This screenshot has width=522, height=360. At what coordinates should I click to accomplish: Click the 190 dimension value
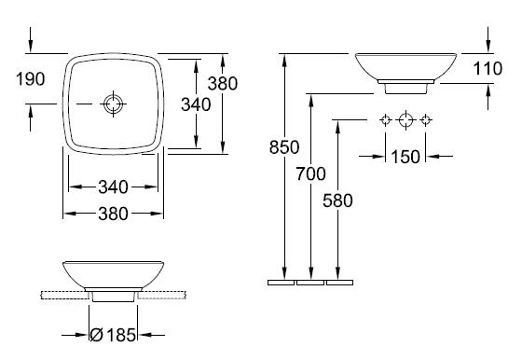pyautogui.click(x=30, y=79)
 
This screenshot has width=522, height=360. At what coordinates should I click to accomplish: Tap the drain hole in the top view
pyautogui.click(x=113, y=104)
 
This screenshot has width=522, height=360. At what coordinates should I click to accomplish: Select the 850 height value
pyautogui.click(x=284, y=147)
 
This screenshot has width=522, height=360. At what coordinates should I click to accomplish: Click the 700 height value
pyautogui.click(x=311, y=173)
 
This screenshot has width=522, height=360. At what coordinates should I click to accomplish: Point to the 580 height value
pyautogui.click(x=337, y=201)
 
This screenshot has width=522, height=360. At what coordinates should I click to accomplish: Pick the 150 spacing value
pyautogui.click(x=405, y=157)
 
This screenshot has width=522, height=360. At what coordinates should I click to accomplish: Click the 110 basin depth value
pyautogui.click(x=488, y=69)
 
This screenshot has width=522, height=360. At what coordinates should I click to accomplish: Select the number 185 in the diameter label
pyautogui.click(x=121, y=335)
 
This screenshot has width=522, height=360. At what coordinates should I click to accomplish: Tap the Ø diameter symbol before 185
pyautogui.click(x=97, y=335)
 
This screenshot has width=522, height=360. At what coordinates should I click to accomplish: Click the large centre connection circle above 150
pyautogui.click(x=405, y=120)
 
